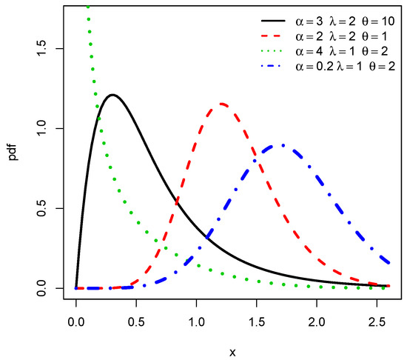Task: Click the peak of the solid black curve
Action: (112, 95)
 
